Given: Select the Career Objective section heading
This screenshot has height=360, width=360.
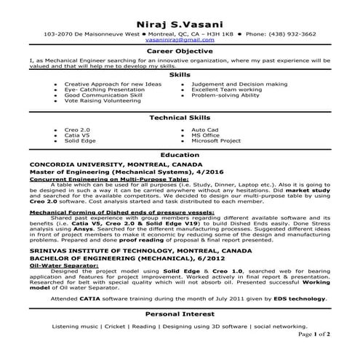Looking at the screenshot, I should coord(180,52).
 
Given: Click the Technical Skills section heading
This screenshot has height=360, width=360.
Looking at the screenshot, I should coord(180,118).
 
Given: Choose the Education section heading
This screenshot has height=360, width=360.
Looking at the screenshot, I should coord(180,156).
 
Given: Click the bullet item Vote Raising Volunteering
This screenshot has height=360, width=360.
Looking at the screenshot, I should coord(100,101).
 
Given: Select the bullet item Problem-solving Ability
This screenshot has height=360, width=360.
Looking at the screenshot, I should coord(225,95).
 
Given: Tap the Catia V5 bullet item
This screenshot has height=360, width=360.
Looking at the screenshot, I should coord(77,135).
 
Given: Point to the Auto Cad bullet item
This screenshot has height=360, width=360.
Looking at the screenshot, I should coord(204,129).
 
